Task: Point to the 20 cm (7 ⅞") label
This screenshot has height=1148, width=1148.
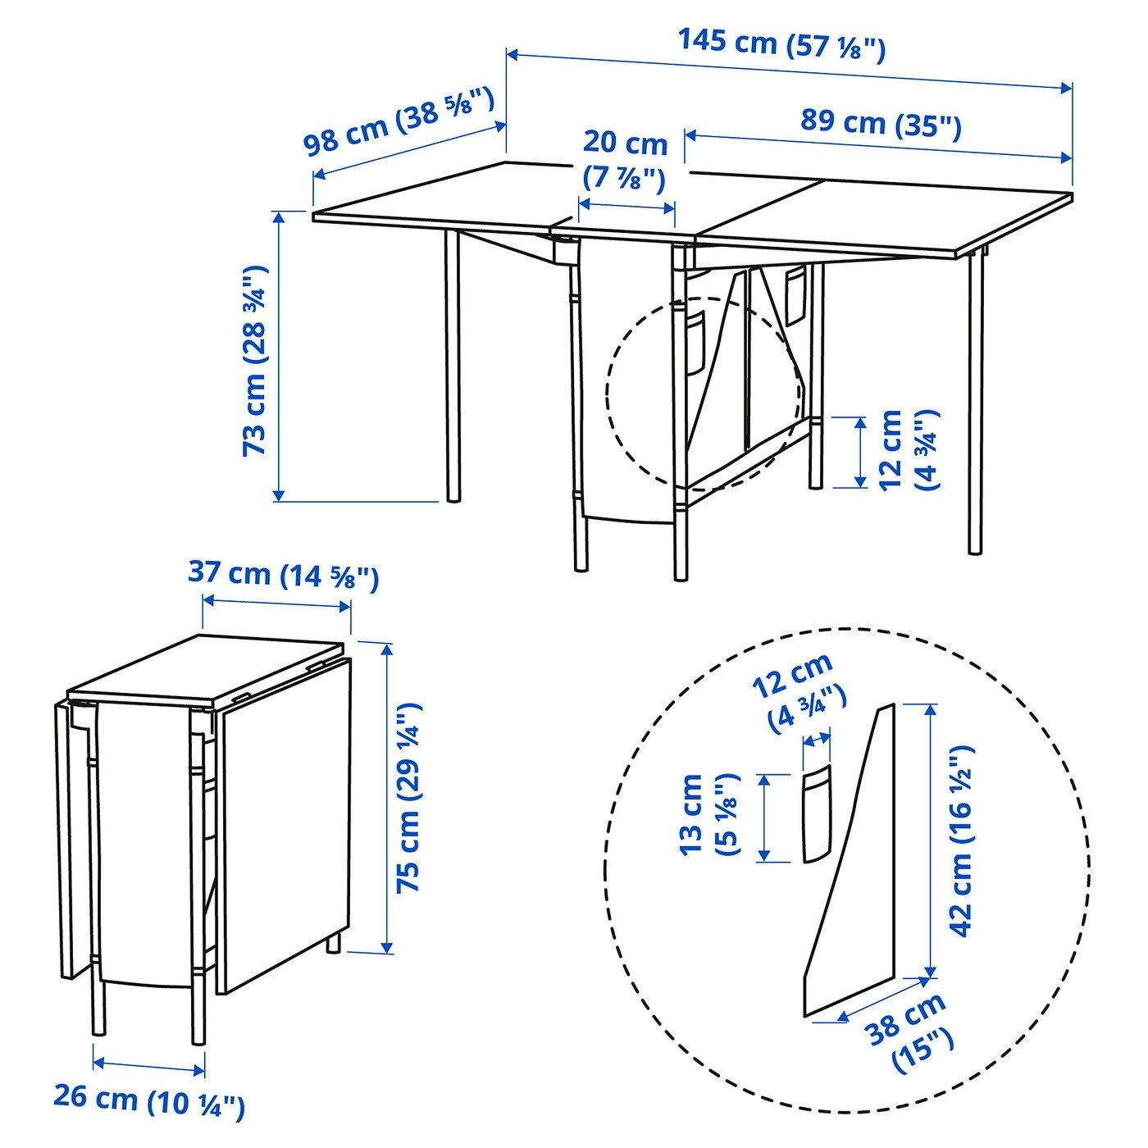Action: (625, 160)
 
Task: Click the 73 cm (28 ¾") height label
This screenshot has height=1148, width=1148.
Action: (256, 361)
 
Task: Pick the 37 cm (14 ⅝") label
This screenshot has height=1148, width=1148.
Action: (284, 575)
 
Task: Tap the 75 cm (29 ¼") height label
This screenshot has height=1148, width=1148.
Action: (409, 797)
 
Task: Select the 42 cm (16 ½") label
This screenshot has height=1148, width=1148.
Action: (962, 840)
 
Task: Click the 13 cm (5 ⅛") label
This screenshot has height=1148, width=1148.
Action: (704, 815)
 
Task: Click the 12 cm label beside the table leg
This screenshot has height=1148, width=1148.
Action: (907, 451)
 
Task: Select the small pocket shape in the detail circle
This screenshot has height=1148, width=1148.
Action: (815, 813)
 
